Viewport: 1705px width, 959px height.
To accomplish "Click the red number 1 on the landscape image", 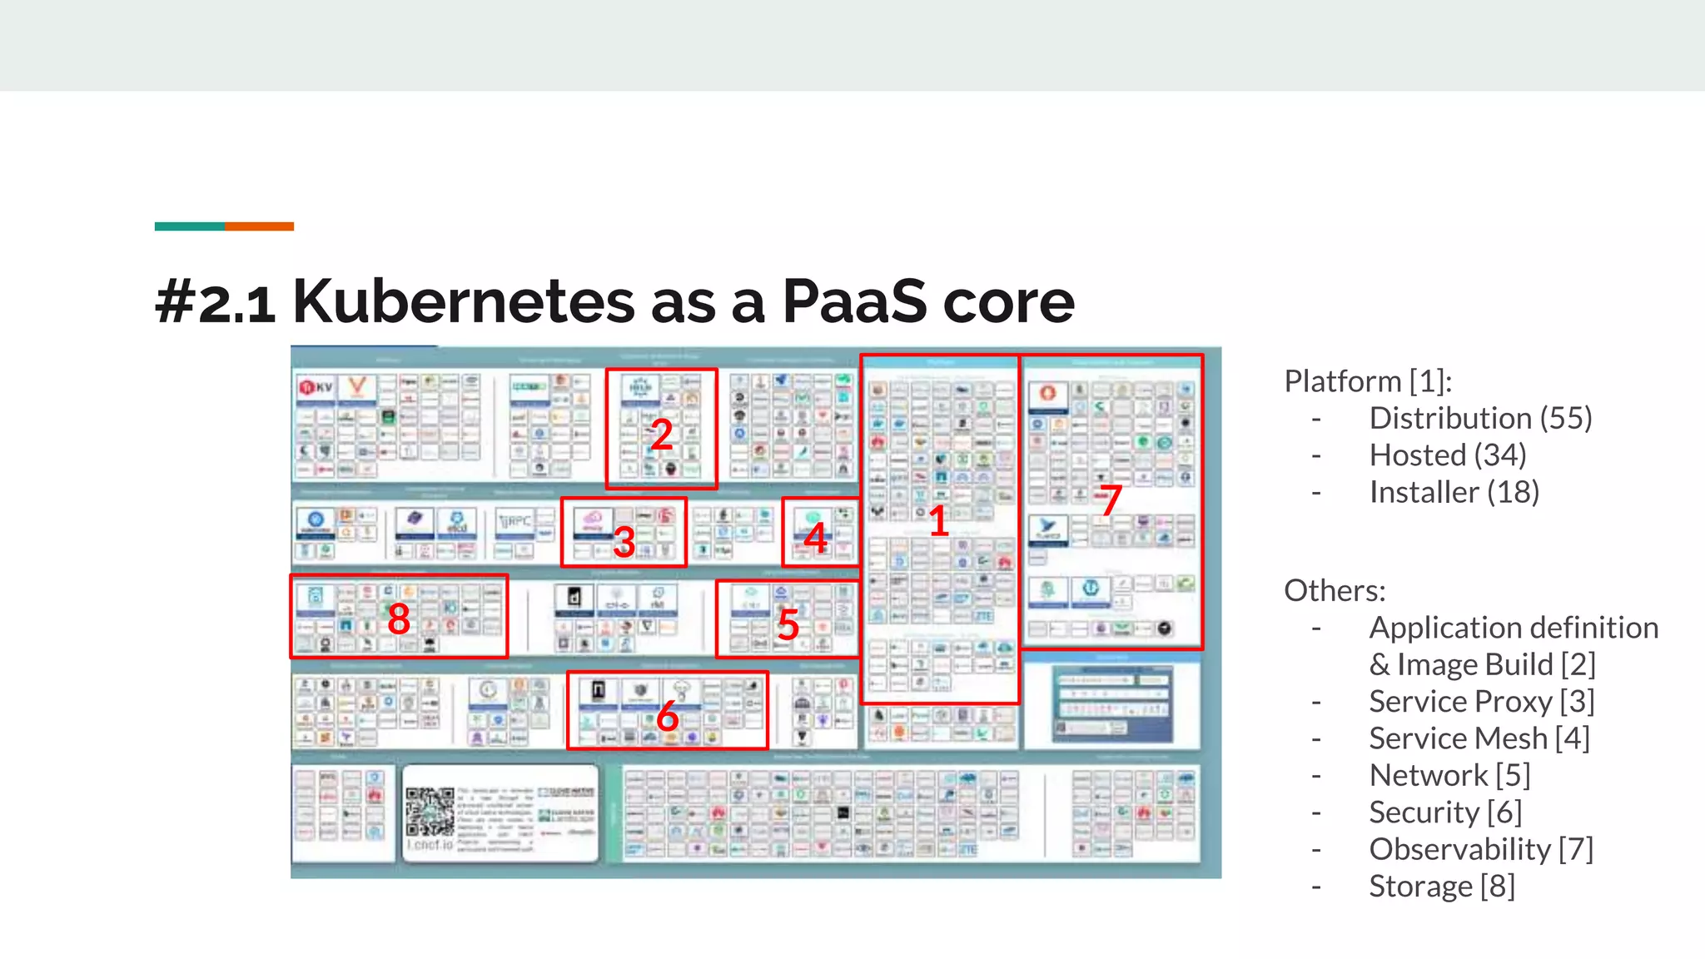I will point(938,521).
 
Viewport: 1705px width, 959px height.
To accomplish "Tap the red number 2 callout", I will point(661,435).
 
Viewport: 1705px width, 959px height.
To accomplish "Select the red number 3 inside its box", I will point(624,542).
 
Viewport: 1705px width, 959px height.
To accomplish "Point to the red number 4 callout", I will point(815,538).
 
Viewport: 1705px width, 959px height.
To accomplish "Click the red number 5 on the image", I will point(788,624).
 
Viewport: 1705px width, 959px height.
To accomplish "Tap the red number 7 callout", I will point(1111,499).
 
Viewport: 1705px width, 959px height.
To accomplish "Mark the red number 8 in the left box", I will point(399,619).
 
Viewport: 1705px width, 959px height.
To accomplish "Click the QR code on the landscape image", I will point(430,812).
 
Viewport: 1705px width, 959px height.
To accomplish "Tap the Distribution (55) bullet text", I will point(1480,418).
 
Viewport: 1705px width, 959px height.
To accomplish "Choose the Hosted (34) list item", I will point(1447,455).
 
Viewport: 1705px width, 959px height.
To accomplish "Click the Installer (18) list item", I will point(1454,492).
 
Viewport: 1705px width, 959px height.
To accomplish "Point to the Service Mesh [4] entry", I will point(1479,738).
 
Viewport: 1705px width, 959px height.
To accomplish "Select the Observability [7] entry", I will point(1480,849).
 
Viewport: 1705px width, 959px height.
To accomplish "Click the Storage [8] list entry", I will point(1441,886).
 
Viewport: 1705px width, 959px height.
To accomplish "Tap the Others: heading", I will point(1335,590).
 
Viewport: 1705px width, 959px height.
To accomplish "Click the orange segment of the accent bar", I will point(259,226).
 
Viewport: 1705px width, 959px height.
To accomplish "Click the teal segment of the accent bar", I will point(189,226).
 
